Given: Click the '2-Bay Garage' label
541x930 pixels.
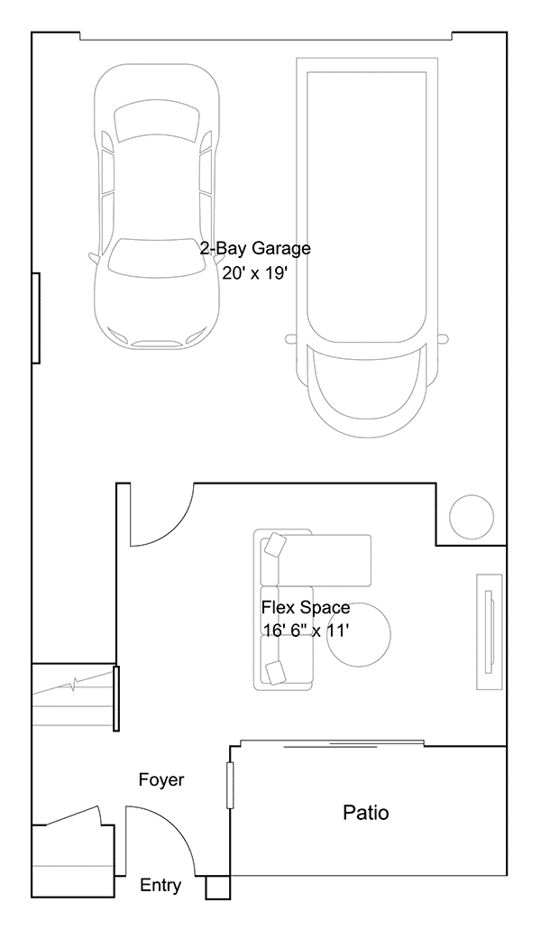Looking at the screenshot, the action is coord(255,248).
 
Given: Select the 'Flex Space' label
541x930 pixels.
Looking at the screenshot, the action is coord(306,607).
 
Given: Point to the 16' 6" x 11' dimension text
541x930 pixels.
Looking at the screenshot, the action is coord(306,631).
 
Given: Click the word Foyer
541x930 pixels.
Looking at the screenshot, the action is coord(161,779).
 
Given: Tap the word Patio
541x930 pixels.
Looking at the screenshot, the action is coord(366,812).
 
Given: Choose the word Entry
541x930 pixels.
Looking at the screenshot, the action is coord(160,886).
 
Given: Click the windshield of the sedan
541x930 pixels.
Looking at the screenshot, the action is coord(157,257).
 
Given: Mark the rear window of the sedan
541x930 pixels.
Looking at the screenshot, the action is coord(157,123).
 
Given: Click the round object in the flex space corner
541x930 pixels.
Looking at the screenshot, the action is coord(471,516).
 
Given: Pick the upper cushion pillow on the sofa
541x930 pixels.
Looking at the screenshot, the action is coord(275,545).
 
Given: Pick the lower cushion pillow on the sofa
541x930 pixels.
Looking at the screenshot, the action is coord(276,672).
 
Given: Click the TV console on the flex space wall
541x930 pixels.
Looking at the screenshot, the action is coord(490,631).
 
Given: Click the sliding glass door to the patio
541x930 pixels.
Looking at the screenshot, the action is coord(332,742).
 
